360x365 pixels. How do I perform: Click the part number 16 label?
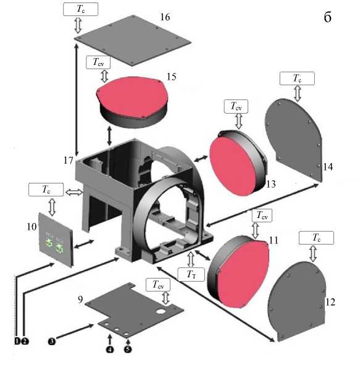[x=165, y=17]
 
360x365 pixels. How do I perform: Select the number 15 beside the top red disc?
[x=171, y=77]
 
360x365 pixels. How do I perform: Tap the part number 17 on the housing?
[x=69, y=160]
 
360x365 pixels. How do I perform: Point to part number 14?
[x=328, y=167]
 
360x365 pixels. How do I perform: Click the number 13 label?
[x=271, y=184]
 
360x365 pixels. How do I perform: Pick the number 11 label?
[x=274, y=240]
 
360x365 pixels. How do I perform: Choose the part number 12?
[x=330, y=302]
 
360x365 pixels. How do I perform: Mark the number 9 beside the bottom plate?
[x=80, y=300]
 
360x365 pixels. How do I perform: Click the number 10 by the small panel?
[x=31, y=227]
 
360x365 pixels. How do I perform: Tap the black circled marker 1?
[x=17, y=342]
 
